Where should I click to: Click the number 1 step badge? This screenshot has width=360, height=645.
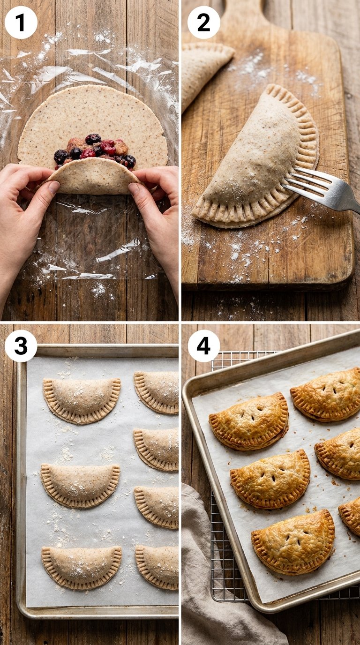[x=21, y=22]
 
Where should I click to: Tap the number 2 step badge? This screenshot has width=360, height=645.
[x=203, y=22]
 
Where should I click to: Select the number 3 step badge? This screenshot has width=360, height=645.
[x=21, y=346]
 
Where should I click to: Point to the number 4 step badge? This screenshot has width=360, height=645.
[x=203, y=346]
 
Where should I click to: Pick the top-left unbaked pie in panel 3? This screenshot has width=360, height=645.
[x=82, y=400]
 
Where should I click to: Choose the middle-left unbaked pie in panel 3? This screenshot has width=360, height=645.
[x=80, y=486]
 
